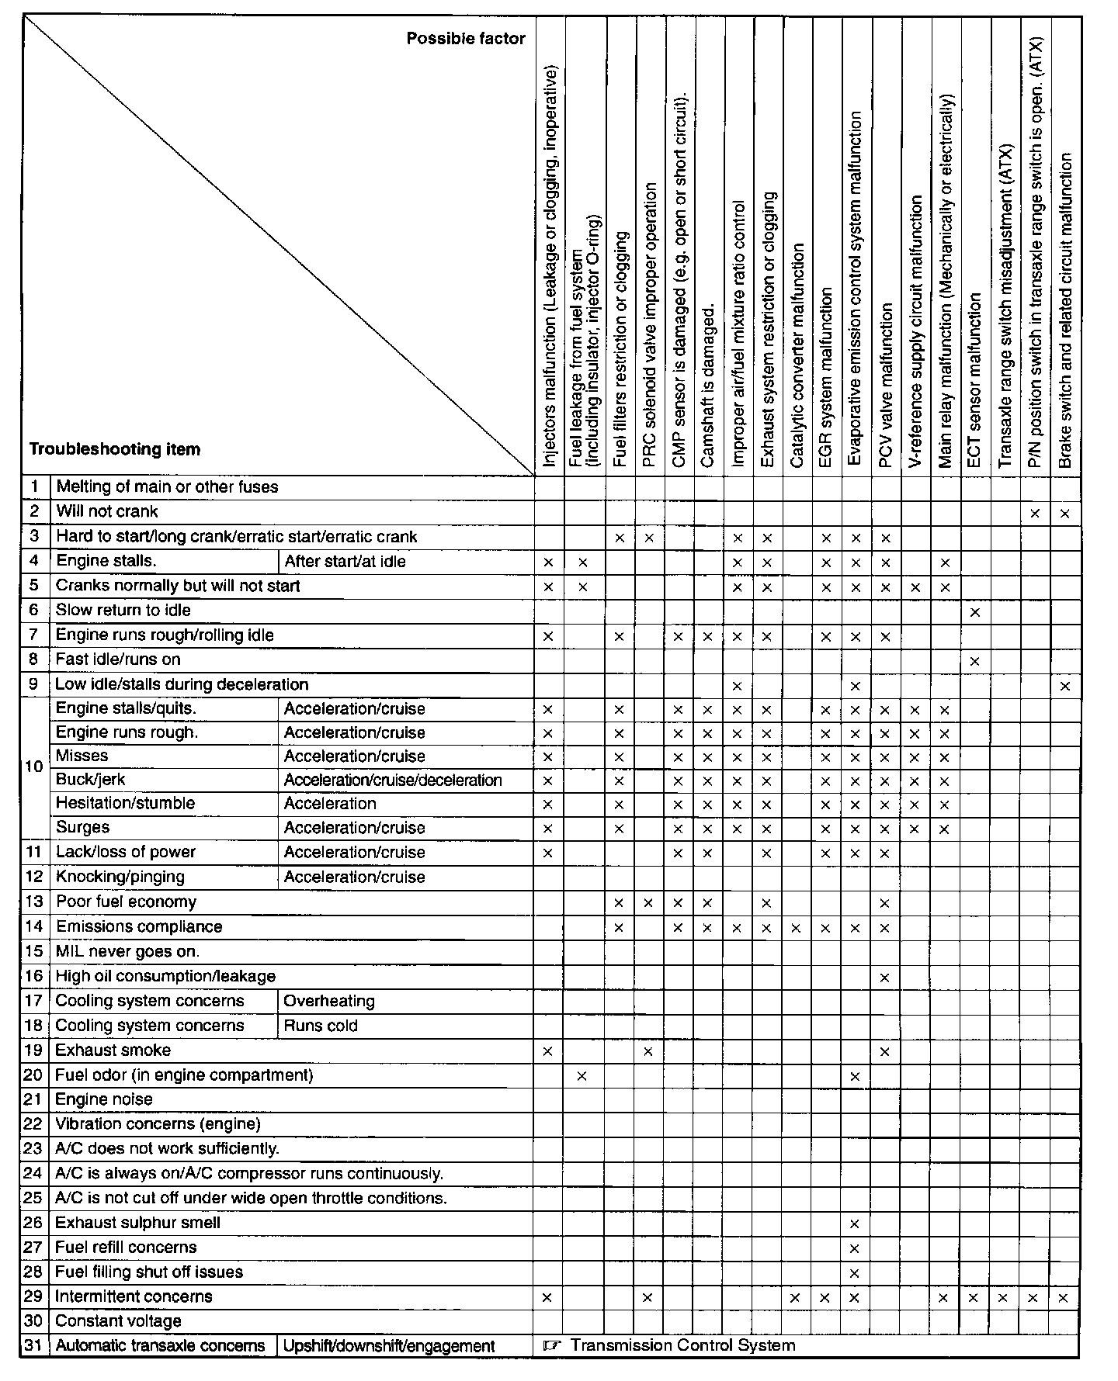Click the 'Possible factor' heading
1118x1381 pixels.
pos(466,39)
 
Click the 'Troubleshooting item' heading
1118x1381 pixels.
pos(114,449)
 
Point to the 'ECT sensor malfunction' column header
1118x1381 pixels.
pos(975,380)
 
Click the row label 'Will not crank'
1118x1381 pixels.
pos(107,512)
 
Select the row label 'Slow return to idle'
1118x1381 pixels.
pos(123,611)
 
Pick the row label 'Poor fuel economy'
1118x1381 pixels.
pos(126,902)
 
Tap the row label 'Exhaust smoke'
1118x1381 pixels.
pos(113,1050)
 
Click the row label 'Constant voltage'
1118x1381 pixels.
pos(118,1321)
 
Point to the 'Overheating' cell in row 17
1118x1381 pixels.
pos(329,1002)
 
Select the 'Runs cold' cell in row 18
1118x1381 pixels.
pos(321,1026)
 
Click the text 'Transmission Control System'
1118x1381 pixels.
pos(682,1345)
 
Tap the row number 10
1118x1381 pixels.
pos(34,767)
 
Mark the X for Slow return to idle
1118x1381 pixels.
pos(975,612)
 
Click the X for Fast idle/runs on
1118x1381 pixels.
pos(975,662)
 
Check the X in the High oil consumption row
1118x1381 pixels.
pos(885,978)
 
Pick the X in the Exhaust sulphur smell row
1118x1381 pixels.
pos(855,1224)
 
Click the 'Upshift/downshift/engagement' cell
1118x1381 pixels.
pos(388,1346)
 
